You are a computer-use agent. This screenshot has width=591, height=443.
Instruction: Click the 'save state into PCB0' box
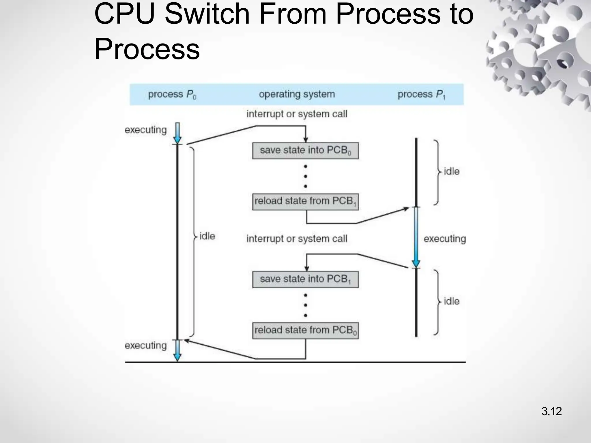(305, 151)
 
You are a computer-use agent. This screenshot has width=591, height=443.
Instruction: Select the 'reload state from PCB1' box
(305, 202)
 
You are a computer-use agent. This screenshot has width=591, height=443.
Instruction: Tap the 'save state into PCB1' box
(305, 279)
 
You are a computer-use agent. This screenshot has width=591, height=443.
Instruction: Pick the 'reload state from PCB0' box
(305, 331)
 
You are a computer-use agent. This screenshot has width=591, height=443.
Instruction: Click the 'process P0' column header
(172, 95)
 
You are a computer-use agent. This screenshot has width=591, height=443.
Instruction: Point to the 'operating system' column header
(297, 94)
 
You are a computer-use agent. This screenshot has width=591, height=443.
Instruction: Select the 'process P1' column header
(421, 95)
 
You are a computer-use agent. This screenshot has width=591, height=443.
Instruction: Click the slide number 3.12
(551, 411)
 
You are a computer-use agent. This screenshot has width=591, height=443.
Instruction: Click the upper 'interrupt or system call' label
(297, 114)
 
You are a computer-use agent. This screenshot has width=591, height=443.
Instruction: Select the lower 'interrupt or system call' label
(297, 239)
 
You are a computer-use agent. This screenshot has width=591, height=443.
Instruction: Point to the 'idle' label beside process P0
(207, 236)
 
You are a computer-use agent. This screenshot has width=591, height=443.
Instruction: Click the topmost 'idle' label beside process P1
(451, 171)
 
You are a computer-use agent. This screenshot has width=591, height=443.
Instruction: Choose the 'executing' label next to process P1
(445, 239)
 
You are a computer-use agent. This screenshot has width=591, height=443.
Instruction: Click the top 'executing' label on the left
(146, 130)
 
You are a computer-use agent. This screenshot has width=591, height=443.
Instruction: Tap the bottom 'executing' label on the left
(146, 345)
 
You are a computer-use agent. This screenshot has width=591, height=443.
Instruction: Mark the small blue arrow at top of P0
(177, 133)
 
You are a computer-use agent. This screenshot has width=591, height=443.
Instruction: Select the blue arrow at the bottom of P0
(177, 350)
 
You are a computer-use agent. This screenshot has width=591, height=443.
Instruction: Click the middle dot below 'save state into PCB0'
(305, 176)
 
